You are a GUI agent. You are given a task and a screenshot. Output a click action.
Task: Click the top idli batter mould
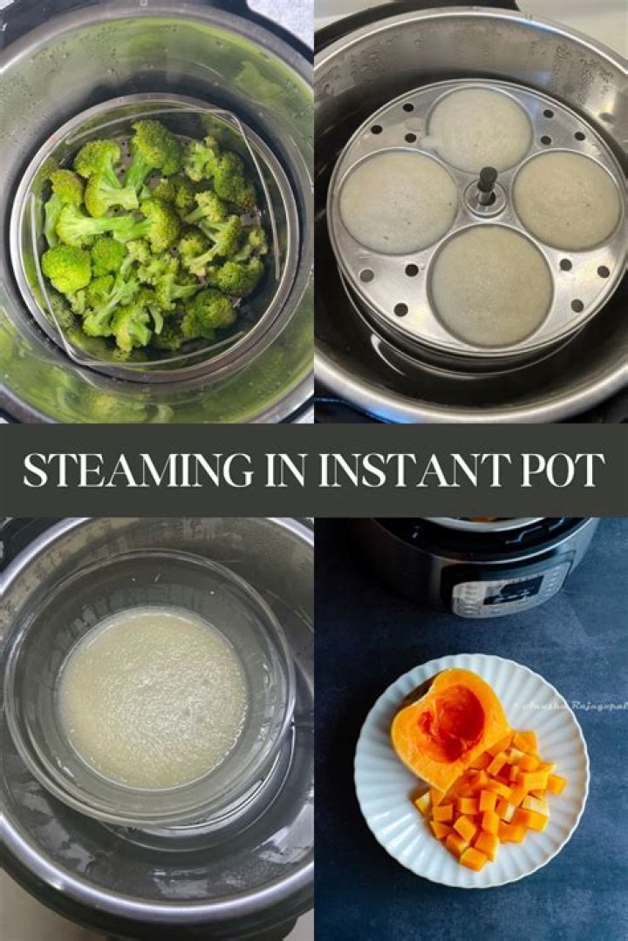(x=479, y=128)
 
